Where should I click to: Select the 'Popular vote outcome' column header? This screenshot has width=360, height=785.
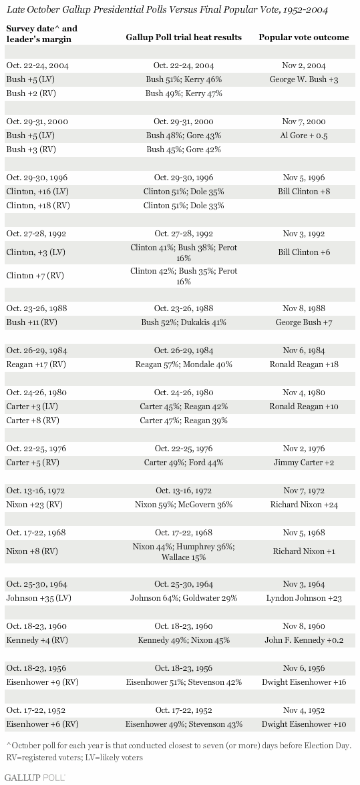pyautogui.click(x=303, y=37)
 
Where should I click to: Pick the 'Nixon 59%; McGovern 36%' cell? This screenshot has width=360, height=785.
pyautogui.click(x=183, y=505)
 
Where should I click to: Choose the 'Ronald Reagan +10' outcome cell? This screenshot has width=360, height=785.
pyautogui.click(x=303, y=407)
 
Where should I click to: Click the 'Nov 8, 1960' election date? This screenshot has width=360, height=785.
pyautogui.click(x=303, y=626)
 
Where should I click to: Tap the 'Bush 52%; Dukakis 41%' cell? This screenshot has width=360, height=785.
pyautogui.click(x=183, y=322)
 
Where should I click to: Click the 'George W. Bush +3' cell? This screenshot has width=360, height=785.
pyautogui.click(x=303, y=79)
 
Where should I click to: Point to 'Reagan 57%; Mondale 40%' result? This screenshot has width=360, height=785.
pyautogui.click(x=183, y=364)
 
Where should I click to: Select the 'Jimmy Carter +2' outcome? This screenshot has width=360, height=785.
pyautogui.click(x=303, y=463)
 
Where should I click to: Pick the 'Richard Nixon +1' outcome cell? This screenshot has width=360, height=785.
pyautogui.click(x=303, y=551)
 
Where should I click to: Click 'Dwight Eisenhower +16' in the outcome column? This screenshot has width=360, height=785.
pyautogui.click(x=303, y=682)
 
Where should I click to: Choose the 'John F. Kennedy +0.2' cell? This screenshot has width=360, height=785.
pyautogui.click(x=303, y=640)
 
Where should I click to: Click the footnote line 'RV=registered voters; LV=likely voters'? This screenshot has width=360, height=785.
pyautogui.click(x=75, y=758)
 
